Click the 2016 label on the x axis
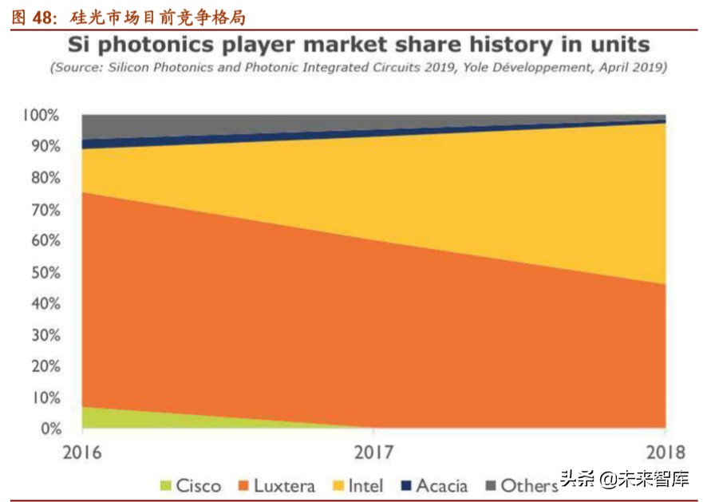point(82,452)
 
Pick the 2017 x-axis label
point(373,452)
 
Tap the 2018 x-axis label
point(665,452)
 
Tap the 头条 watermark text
point(579,480)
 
